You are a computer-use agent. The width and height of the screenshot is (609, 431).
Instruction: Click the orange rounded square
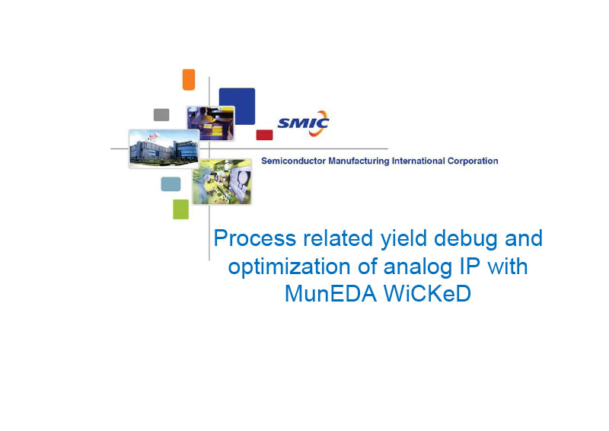pos(188,80)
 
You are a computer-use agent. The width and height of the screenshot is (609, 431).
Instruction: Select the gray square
pos(161,115)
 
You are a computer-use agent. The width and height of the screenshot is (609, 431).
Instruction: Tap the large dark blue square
pos(237,106)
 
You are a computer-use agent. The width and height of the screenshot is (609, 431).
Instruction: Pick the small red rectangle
pos(264,135)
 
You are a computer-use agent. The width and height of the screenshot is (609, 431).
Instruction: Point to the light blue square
pos(171,184)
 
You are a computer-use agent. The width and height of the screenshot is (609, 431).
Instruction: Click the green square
pos(180,209)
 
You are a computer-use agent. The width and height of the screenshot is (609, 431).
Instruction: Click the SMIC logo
pos(303,123)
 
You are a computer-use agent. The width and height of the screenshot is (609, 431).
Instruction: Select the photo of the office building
pos(164,148)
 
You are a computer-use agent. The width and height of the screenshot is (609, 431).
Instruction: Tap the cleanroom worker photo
pos(222,181)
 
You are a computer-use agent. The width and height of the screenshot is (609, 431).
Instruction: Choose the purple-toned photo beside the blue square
pos(211,123)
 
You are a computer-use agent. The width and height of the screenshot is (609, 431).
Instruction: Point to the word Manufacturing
pos(359,161)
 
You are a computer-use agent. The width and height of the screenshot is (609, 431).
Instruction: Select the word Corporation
pos(473,161)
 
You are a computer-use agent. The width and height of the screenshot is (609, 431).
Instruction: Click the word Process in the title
pos(255,238)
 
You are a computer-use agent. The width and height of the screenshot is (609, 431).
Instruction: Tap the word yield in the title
pos(403,238)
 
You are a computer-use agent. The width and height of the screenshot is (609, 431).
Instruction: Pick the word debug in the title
pos(465,238)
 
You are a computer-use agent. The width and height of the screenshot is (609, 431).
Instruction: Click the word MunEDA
pos(331,294)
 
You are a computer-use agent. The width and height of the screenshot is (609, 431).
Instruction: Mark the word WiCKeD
pos(427,294)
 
